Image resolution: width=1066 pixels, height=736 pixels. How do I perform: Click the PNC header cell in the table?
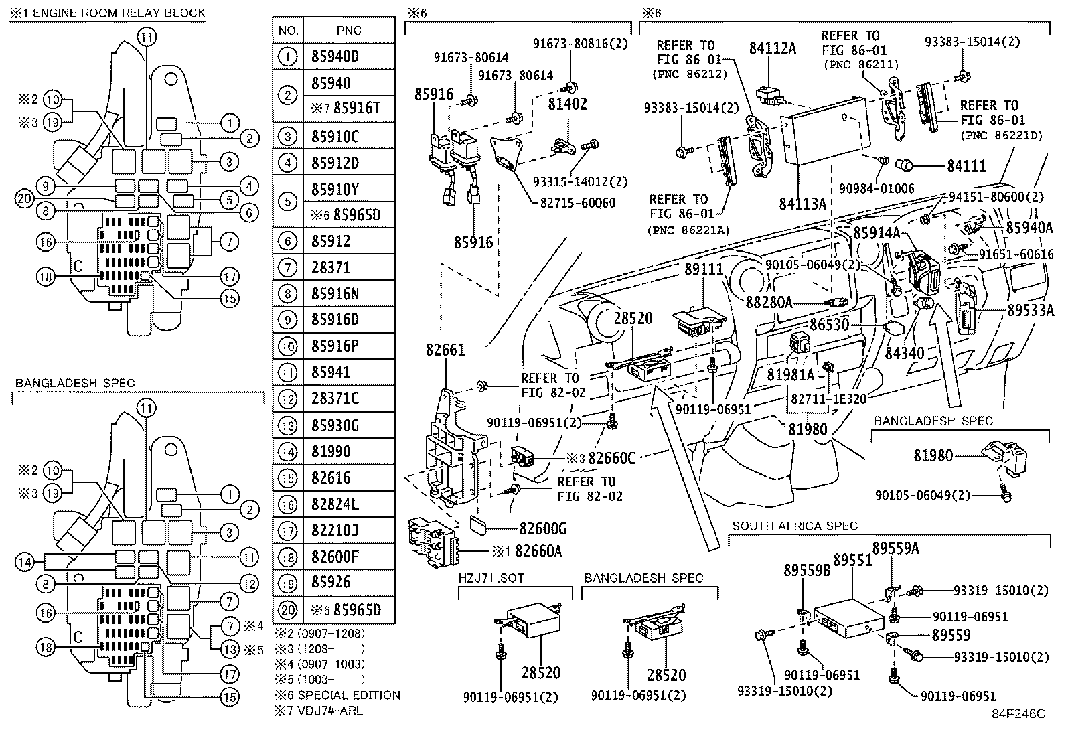click(349, 30)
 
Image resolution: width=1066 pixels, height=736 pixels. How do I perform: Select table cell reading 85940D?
click(349, 57)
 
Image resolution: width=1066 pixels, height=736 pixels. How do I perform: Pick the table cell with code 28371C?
click(349, 398)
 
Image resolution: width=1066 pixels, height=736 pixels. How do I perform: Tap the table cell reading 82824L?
click(349, 504)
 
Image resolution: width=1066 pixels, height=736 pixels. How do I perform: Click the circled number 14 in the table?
click(287, 452)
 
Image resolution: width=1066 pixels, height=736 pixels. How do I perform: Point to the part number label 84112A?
click(772, 48)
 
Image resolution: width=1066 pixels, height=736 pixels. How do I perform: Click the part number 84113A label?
click(802, 204)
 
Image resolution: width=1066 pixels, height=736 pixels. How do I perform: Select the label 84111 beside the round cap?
click(966, 166)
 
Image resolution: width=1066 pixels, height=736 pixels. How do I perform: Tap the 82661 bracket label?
click(445, 350)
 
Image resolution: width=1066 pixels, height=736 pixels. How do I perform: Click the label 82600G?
click(542, 528)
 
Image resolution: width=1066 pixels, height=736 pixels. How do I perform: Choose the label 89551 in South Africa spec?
click(852, 561)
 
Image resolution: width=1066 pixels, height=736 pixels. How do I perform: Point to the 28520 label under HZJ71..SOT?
click(541, 672)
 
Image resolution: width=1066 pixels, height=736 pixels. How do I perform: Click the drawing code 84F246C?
click(1018, 714)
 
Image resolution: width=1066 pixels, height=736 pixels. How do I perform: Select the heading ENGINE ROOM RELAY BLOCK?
click(119, 13)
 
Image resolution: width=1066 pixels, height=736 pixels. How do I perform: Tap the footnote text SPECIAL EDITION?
click(350, 695)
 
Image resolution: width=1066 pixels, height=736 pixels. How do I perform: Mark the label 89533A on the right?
click(1031, 310)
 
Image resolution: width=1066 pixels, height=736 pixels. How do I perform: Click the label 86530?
click(830, 325)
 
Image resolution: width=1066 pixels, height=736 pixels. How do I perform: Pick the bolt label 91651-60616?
click(1016, 254)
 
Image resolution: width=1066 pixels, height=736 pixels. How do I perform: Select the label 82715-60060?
click(578, 203)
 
